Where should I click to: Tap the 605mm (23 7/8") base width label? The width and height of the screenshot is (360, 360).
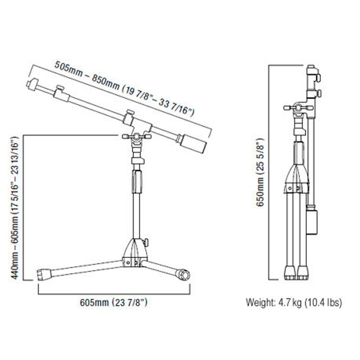(114, 302)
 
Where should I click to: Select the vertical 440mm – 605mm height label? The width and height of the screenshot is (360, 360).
(14, 208)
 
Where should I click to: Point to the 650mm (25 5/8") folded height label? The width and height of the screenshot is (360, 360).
(261, 172)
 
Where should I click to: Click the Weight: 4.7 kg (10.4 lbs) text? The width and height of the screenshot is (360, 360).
(294, 302)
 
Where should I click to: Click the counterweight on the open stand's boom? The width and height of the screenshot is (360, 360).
(193, 144)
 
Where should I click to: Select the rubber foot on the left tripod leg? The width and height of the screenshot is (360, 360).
(44, 274)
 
